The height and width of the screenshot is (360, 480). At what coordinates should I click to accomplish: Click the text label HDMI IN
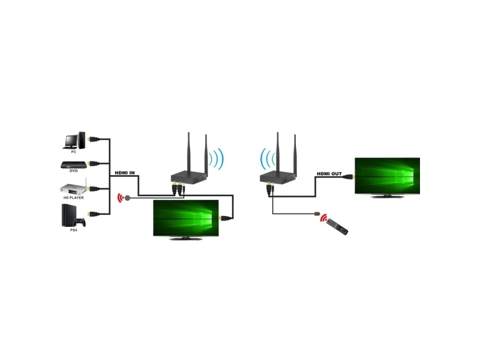coord(124,174)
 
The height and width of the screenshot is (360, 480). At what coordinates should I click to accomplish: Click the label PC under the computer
coord(73,152)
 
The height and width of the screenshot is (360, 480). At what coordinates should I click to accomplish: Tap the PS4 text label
coord(73,230)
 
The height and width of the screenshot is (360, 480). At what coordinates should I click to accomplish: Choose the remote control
coord(338,226)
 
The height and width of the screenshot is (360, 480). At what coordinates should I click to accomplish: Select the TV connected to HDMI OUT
coord(387,176)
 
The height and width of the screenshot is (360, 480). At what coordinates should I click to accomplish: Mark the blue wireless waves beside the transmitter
coord(217,160)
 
